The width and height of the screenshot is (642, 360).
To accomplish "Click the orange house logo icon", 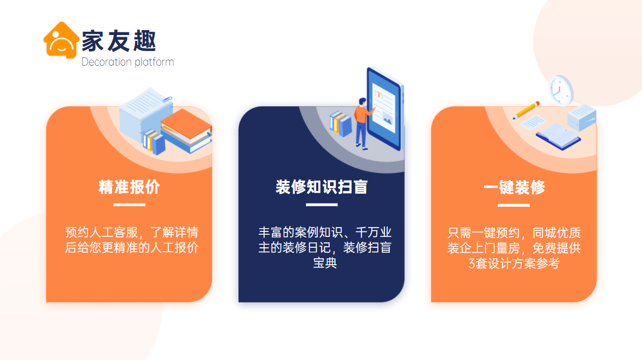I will (61, 40).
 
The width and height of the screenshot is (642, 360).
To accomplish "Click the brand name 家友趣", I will (119, 41).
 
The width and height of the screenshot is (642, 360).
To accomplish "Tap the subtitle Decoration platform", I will (127, 62).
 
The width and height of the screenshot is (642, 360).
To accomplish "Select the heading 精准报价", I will (129, 187).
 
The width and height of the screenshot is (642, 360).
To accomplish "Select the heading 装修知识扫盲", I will (322, 187).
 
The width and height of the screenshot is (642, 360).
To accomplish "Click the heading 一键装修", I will (514, 188).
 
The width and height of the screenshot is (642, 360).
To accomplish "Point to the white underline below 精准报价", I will (129, 205).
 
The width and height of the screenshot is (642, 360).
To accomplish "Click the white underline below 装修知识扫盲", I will (322, 205).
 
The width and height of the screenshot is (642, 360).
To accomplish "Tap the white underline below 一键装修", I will (513, 205).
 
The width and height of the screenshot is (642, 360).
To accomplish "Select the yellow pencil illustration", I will (526, 111).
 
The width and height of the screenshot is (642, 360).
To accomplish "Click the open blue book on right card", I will (558, 134).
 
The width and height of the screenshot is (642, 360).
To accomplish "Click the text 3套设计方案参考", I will (514, 263).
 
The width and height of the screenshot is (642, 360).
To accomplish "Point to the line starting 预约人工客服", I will (131, 231).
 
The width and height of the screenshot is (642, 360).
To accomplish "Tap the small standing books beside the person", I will (341, 124).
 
